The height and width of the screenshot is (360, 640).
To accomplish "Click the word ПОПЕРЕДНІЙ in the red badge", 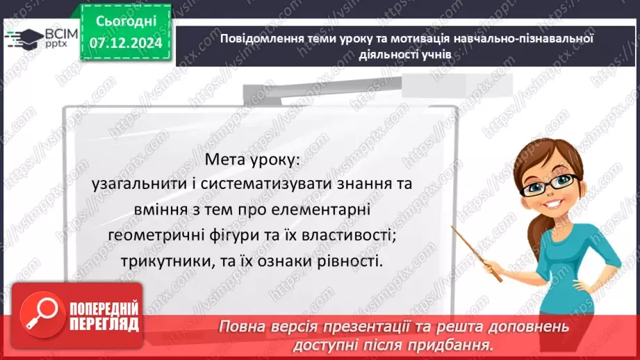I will pos(104,309).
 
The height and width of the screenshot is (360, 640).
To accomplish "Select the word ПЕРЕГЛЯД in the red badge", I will pos(104,325).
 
